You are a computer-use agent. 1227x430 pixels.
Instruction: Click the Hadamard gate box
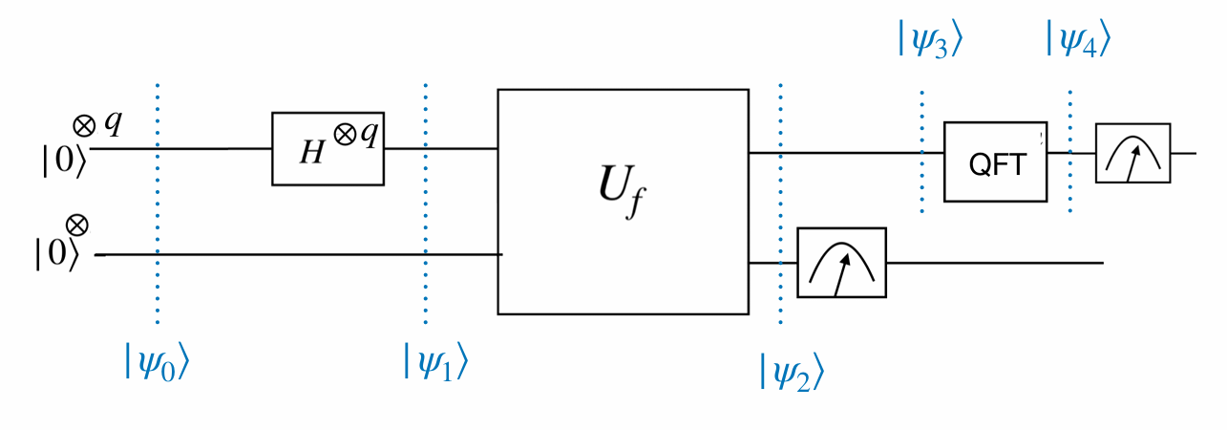click(x=328, y=149)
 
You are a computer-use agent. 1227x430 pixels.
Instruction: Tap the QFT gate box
click(x=994, y=161)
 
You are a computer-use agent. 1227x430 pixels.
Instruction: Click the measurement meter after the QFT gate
click(x=1132, y=153)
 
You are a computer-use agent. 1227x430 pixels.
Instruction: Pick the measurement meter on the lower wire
click(x=841, y=261)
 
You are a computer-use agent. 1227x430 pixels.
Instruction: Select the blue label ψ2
click(x=792, y=370)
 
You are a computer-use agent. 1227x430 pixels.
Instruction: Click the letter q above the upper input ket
click(x=113, y=123)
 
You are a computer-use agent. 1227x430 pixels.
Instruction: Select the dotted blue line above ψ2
click(x=780, y=191)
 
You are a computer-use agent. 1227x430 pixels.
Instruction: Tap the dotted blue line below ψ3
click(x=922, y=153)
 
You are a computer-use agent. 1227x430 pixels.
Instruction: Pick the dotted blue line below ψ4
click(x=1070, y=153)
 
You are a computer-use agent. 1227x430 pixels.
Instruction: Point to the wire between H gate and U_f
click(x=440, y=149)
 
